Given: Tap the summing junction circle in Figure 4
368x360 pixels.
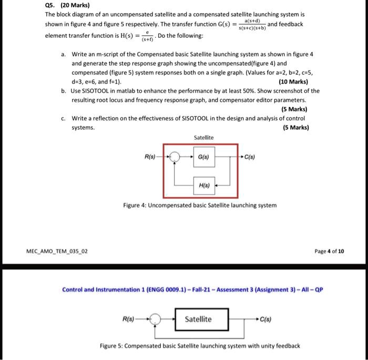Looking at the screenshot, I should tap(175, 157).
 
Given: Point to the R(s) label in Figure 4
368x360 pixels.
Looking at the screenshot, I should tap(149, 156).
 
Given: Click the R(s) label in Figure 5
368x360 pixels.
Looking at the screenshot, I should tap(128, 319).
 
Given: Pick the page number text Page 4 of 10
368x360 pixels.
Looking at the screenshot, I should tap(329, 251).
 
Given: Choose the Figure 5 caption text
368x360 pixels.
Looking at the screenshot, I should tap(200, 345).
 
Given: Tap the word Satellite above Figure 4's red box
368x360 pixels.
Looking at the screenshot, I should tap(203, 137).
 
